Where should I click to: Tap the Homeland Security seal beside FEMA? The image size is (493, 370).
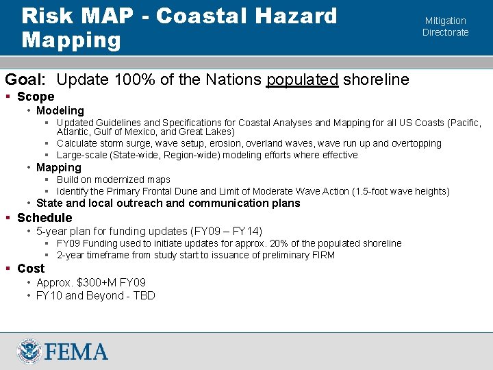29,352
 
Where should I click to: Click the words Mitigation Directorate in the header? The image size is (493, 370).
445,27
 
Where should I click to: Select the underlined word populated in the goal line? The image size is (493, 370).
302,79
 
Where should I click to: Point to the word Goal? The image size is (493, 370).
25,79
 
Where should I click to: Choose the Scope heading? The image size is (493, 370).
36,97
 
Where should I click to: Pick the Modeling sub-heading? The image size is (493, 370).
60,110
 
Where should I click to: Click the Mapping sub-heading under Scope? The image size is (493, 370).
59,167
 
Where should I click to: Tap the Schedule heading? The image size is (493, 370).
45,217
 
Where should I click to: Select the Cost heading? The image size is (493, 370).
31,269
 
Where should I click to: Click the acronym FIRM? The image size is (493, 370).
322,255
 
